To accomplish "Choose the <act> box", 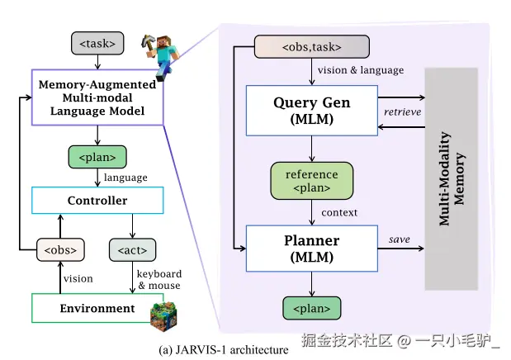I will pyautogui.click(x=133, y=249).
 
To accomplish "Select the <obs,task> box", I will pyautogui.click(x=310, y=46).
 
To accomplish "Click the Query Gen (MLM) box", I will pyautogui.click(x=311, y=111).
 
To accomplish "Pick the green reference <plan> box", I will pyautogui.click(x=311, y=181).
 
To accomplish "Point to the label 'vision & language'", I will pyautogui.click(x=361, y=70).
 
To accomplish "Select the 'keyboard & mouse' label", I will pyautogui.click(x=159, y=279).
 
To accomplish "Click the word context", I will pyautogui.click(x=339, y=213).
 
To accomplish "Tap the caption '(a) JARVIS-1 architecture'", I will pyautogui.click(x=226, y=350).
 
